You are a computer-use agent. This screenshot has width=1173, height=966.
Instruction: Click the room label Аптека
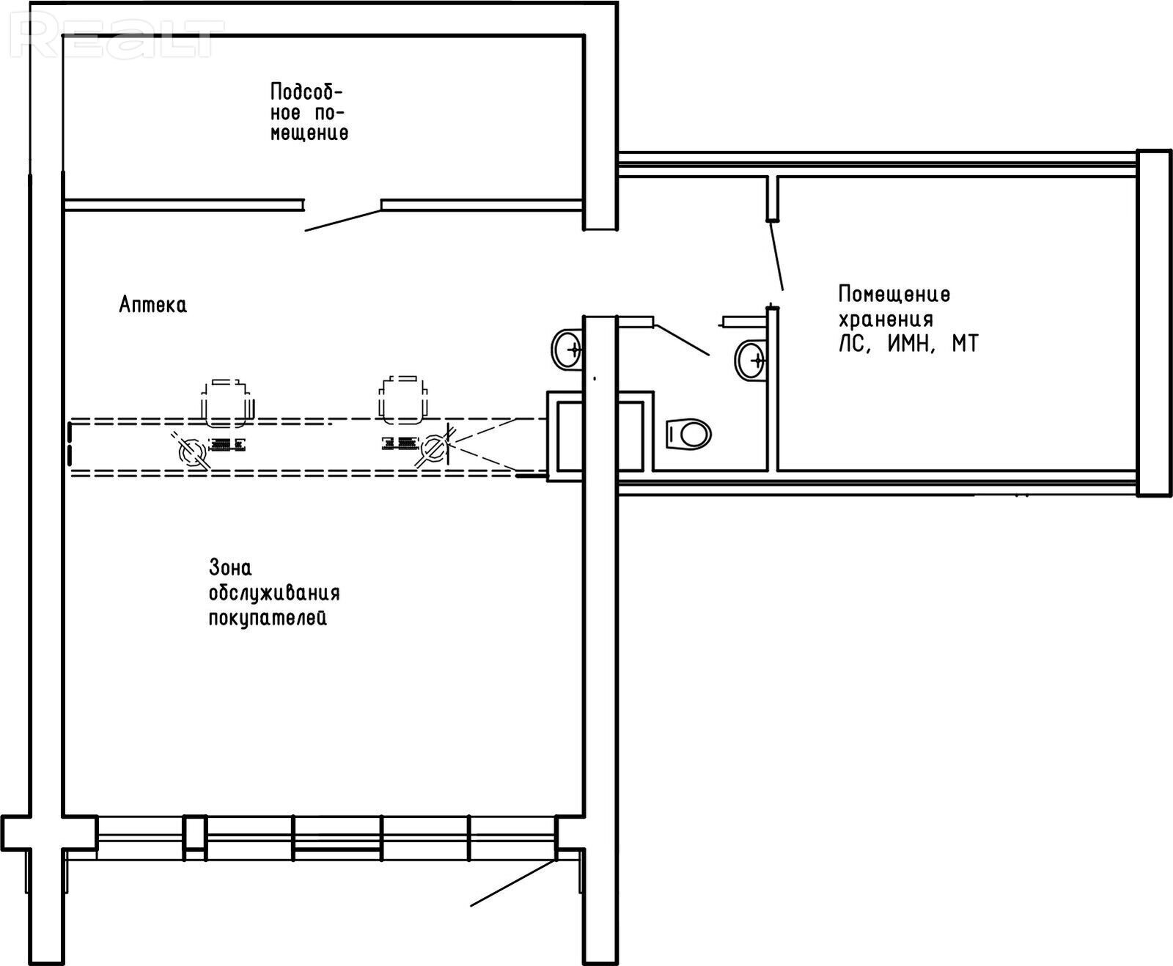tap(152, 305)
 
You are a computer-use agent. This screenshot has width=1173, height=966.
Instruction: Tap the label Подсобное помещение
tap(309, 112)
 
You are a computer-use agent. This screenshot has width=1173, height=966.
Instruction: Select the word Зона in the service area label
tap(230, 568)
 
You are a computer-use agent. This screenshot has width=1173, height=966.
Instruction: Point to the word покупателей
tap(268, 618)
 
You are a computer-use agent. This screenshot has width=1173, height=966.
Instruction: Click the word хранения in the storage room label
tap(886, 320)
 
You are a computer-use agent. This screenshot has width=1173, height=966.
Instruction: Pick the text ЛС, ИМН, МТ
tap(908, 344)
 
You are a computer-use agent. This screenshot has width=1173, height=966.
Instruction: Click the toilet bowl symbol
tap(688, 435)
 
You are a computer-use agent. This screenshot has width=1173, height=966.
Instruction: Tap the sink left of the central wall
tap(568, 349)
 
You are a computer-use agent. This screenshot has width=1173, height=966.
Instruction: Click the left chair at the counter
tap(227, 402)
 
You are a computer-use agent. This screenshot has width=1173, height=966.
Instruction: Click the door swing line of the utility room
tap(343, 220)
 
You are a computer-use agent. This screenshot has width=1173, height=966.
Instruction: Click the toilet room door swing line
tap(682, 339)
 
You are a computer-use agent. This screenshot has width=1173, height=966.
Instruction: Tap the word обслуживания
tap(274, 593)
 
